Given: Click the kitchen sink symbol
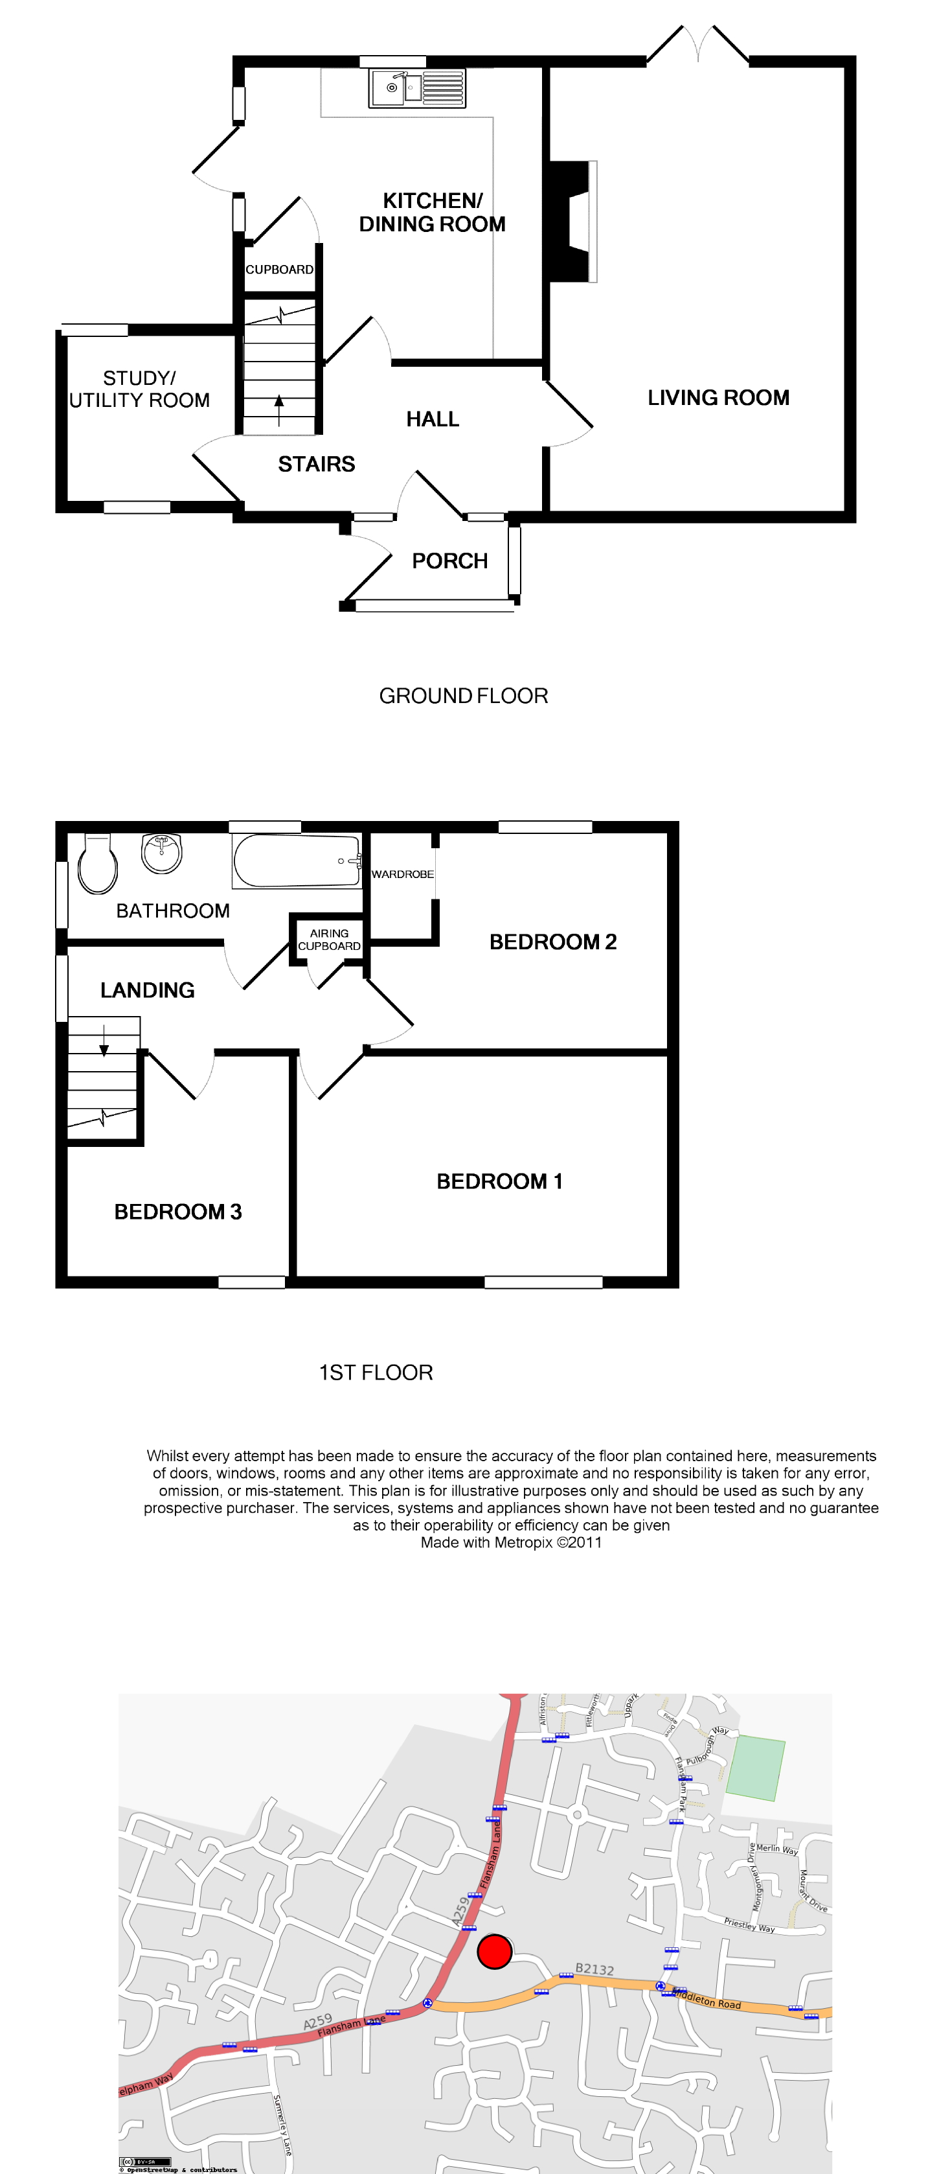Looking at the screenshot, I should pos(417,87).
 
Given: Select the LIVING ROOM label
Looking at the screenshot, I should pos(718,397).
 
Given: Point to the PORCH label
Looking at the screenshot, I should pos(449,561).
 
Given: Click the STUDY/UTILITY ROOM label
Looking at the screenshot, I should pos(139,389).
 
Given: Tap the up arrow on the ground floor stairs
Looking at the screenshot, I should pos(279,410).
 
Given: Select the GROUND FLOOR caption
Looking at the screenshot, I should pos(463,696).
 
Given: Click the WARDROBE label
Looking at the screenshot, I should pos(402,874).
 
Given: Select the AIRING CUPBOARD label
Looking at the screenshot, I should pos(329,940).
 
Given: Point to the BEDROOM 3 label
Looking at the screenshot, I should pos(178,1212).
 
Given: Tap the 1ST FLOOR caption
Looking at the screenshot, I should pos(376,1373).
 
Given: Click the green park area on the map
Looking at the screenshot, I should pos(756,1767).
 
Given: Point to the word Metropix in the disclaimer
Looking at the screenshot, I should pos(523,1543).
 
